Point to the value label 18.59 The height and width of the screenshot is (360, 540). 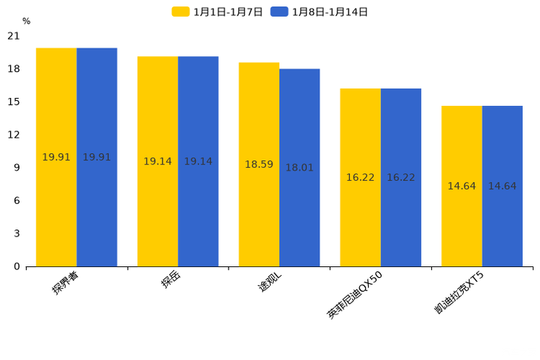tap(259, 165)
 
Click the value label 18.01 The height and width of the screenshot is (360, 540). tap(299, 168)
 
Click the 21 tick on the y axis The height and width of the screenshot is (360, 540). tap(14, 36)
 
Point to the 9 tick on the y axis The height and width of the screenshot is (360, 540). tap(17, 168)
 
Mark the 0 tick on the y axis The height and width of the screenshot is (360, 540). tap(17, 266)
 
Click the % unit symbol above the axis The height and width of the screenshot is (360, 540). tap(26, 22)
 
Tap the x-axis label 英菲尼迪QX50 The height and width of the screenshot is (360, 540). tap(361, 295)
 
